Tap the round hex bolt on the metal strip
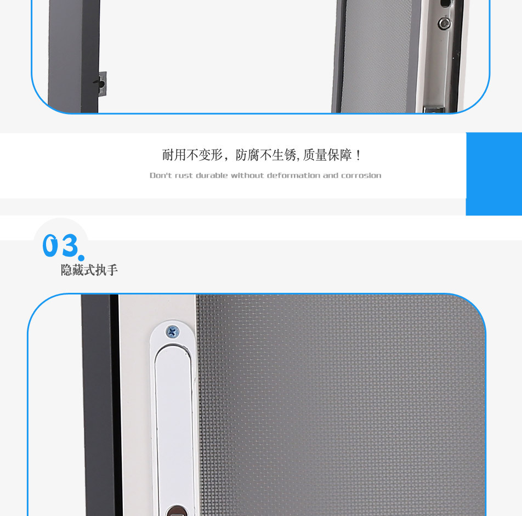[444, 22]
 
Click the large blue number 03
[60, 246]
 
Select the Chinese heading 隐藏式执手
[89, 270]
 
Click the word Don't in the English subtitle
[161, 175]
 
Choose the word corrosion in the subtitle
[361, 175]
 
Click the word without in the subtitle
[247, 175]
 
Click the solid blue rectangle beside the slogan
[493, 173]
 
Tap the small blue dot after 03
[81, 257]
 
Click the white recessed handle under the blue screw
[172, 417]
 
